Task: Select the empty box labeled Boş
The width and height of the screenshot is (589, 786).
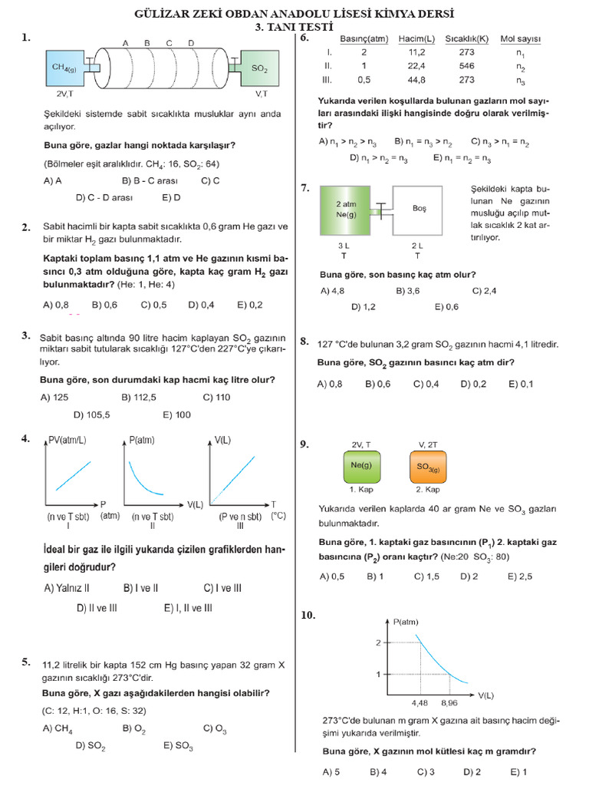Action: pyautogui.click(x=419, y=210)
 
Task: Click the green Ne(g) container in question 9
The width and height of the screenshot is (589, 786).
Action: pyautogui.click(x=361, y=465)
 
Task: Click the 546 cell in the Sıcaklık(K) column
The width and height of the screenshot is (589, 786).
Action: pyautogui.click(x=466, y=66)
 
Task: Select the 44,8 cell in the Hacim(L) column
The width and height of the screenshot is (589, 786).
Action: pyautogui.click(x=417, y=79)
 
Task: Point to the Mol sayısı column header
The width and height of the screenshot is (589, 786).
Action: pyautogui.click(x=521, y=39)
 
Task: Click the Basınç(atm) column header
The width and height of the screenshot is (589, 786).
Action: pyautogui.click(x=364, y=39)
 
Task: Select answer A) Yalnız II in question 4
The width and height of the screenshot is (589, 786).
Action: pyautogui.click(x=67, y=588)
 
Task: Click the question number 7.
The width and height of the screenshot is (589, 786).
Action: pyautogui.click(x=304, y=187)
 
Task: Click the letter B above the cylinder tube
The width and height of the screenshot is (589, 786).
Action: pyautogui.click(x=146, y=43)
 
